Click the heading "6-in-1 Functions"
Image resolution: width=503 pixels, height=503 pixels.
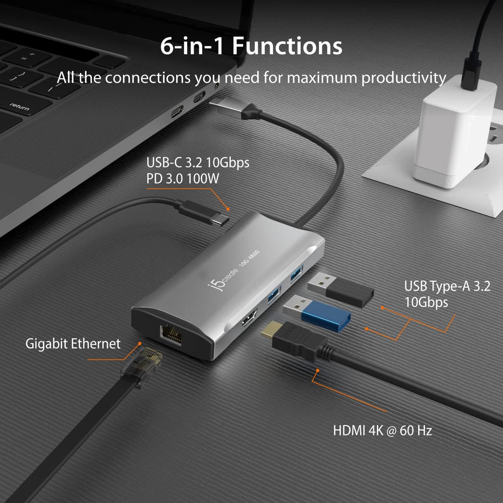click(x=251, y=46)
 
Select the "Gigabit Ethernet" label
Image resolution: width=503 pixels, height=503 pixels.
click(x=73, y=344)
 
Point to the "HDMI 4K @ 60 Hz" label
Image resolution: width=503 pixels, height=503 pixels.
click(x=382, y=430)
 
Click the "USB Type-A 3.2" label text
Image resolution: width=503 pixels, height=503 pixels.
click(x=447, y=286)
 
